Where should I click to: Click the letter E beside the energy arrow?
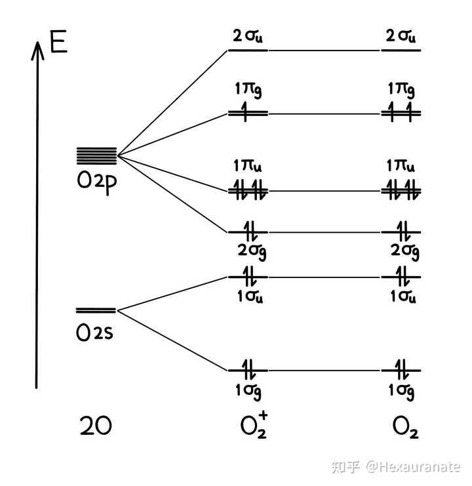pyautogui.click(x=58, y=41)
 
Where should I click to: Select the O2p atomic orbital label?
pyautogui.click(x=96, y=182)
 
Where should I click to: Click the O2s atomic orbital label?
pyautogui.click(x=94, y=333)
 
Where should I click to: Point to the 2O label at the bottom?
pyautogui.click(x=96, y=426)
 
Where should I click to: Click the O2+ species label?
pyautogui.click(x=254, y=425)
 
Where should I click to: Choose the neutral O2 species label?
pyautogui.click(x=405, y=427)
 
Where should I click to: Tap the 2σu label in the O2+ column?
pyautogui.click(x=248, y=36)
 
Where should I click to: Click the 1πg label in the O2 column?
pyautogui.click(x=401, y=90)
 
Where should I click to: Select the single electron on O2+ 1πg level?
pyautogui.click(x=245, y=111)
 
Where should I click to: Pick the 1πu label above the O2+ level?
pyautogui.click(x=247, y=165)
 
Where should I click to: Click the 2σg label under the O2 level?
pyautogui.click(x=404, y=251)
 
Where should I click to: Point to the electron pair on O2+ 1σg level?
pyautogui.click(x=249, y=369)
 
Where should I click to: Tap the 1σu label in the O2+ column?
pyautogui.click(x=250, y=296)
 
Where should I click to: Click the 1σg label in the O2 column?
pyautogui.click(x=401, y=392)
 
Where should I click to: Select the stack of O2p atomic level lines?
pyautogui.click(x=96, y=156)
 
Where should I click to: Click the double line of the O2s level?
pyautogui.click(x=96, y=310)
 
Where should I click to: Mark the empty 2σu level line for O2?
pyautogui.click(x=401, y=51)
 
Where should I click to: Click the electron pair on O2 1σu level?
pyautogui.click(x=403, y=276)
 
